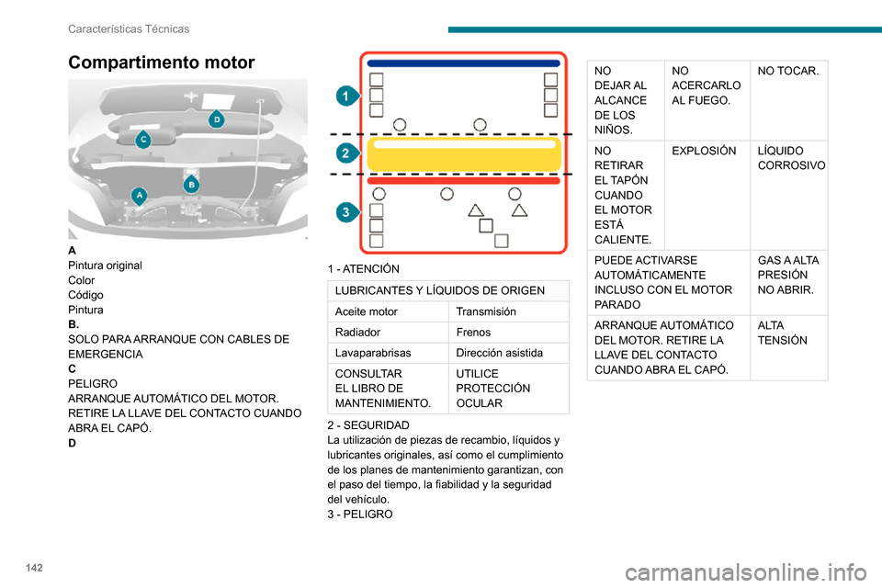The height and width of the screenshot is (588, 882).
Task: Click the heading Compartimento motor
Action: click(162, 62)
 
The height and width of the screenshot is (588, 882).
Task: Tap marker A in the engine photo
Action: click(140, 195)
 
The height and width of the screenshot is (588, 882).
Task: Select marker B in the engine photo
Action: click(192, 184)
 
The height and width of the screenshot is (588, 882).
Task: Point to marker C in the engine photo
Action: click(143, 139)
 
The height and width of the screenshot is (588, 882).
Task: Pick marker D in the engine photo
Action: click(217, 119)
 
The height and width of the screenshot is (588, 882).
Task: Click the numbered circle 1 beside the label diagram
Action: click(345, 96)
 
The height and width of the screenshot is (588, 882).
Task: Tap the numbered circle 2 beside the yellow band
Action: click(345, 152)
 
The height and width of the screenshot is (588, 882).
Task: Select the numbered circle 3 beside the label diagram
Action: click(345, 212)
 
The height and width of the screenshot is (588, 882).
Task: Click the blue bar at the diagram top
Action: click(464, 64)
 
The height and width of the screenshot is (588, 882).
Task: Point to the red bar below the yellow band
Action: click(464, 181)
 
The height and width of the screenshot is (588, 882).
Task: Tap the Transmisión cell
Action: click(486, 311)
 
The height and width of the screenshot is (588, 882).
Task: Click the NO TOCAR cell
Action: click(789, 71)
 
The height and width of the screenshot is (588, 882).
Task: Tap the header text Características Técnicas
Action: click(129, 28)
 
